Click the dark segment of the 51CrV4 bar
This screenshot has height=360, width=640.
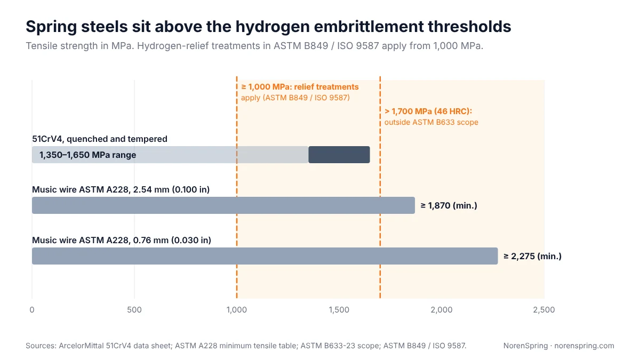pos(339,155)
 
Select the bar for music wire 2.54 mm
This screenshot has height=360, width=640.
pos(223,205)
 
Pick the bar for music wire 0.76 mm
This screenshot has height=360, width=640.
pos(265,256)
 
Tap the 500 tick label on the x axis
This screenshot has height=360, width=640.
pos(134,310)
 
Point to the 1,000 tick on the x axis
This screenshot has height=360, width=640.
pos(237,310)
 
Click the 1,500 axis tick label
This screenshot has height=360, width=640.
pos(339,310)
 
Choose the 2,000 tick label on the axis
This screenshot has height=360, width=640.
pos(442,310)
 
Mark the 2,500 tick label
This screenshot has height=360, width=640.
pos(543,310)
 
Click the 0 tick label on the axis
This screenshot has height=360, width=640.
pos(32,310)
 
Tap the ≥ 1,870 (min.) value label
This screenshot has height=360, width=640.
pos(449,205)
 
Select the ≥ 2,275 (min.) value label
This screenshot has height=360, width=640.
pos(532,256)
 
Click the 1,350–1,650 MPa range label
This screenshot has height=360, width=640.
pos(87,155)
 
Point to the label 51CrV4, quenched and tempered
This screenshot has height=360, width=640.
pos(100,139)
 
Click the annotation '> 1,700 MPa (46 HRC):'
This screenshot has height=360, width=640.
pos(428,111)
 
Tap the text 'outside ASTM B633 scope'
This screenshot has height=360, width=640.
pos(431,122)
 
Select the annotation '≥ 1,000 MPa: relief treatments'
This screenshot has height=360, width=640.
pos(300,87)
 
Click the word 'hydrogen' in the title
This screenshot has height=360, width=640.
pos(273,27)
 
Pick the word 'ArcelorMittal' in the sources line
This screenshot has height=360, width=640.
pos(81,346)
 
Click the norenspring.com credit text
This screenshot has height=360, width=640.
pos(585,346)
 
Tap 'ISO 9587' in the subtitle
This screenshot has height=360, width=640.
pos(358,46)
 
